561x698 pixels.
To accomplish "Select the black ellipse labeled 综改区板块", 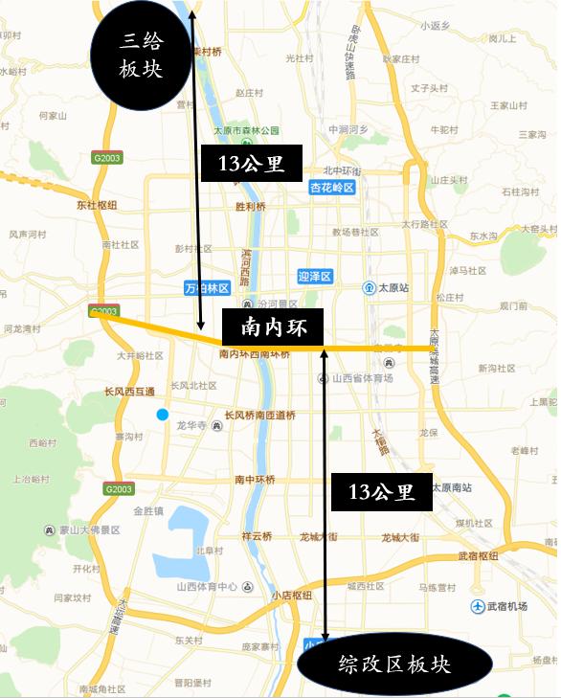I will point(393,664).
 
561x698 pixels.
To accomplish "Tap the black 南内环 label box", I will point(273,327).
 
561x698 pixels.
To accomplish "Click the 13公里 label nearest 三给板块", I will point(251,163).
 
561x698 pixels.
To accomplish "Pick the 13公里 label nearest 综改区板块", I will point(381,492).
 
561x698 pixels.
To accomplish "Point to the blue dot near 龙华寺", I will point(163,414).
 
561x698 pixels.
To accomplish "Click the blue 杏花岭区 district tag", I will point(332,189).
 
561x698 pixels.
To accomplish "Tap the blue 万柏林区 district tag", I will point(207,287).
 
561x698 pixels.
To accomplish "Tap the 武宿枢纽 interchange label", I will point(478,556).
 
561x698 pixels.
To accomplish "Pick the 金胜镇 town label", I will point(150,510).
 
